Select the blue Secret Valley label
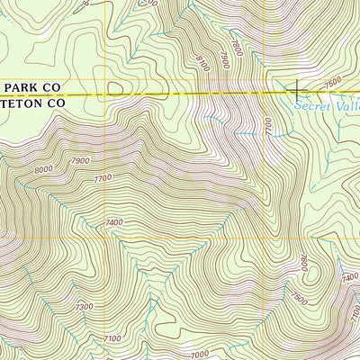coord(328,105)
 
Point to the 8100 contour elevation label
coord(202,65)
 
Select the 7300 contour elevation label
coord(84,308)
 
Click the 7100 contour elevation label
coord(111,337)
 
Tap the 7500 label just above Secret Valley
coord(332,83)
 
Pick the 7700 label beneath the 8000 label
coord(102,178)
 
